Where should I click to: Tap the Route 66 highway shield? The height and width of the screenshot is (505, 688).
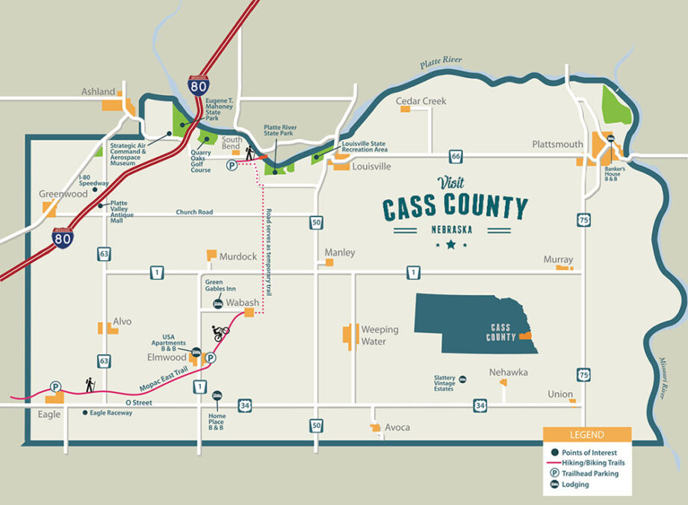click(455, 156)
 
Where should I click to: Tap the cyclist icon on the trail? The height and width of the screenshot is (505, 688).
click(220, 332)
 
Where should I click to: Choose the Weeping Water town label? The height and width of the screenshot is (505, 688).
click(380, 335)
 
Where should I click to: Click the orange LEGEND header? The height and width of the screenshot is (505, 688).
click(586, 435)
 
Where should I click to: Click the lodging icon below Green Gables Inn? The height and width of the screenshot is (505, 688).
click(217, 303)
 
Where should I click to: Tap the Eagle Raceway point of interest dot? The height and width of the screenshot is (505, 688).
click(84, 413)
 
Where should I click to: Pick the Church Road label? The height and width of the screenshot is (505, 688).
click(194, 212)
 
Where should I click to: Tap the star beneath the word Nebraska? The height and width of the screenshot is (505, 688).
click(450, 244)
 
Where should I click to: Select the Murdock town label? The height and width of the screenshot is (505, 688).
click(238, 257)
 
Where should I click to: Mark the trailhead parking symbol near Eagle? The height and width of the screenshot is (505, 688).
click(55, 387)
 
